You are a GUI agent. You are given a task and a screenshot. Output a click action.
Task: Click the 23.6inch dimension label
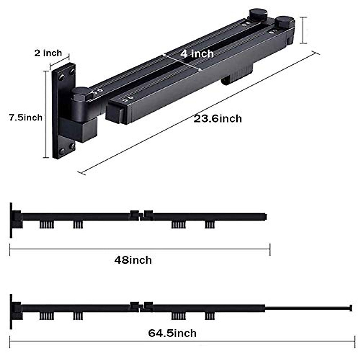click(x=217, y=119)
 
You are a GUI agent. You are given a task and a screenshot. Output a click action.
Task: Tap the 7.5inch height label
click(x=26, y=118)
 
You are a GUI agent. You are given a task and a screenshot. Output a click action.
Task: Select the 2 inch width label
click(x=48, y=53)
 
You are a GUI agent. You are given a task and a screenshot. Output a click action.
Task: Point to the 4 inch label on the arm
click(x=197, y=54)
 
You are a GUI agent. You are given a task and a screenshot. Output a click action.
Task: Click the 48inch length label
click(x=133, y=260)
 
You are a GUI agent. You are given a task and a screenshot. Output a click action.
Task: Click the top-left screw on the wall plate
click(x=61, y=77)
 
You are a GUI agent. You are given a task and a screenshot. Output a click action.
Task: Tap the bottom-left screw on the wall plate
click(x=61, y=151)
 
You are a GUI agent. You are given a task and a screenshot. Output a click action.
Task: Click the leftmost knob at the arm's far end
click(x=259, y=14)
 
